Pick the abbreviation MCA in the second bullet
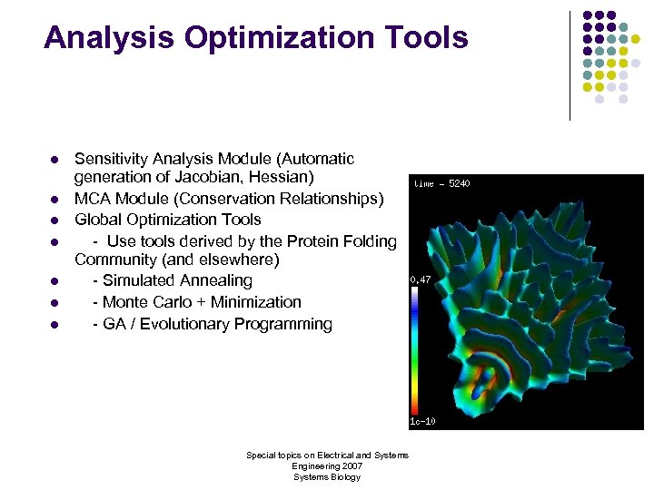pyautogui.click(x=93, y=198)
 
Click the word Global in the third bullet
pyautogui.click(x=98, y=220)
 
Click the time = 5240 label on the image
pyautogui.click(x=441, y=183)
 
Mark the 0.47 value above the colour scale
pyautogui.click(x=420, y=280)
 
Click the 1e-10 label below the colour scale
pyautogui.click(x=421, y=421)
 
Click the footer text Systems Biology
pyautogui.click(x=327, y=477)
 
